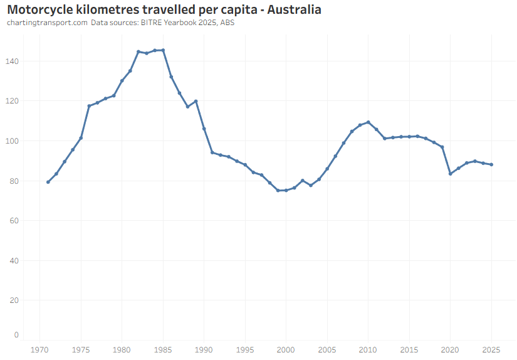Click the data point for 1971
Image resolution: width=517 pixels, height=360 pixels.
tap(48, 182)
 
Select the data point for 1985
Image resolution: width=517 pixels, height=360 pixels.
tap(163, 50)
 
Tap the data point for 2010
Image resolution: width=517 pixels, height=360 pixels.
tap(368, 122)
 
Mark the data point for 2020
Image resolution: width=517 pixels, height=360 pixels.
tap(450, 174)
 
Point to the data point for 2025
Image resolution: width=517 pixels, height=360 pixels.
tap(491, 165)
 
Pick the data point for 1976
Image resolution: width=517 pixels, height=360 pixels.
tap(89, 106)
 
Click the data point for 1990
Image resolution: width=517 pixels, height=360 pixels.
tap(204, 129)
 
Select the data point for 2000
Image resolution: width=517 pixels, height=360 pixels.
tap(286, 190)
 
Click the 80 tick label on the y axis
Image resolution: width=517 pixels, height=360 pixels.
tap(14, 181)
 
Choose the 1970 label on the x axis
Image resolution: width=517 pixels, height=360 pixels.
tap(40, 349)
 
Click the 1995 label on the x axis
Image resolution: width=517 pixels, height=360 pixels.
tap(245, 349)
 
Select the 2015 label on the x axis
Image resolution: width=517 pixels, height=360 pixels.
tap(409, 349)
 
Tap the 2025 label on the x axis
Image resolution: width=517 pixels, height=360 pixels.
tap(491, 349)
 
